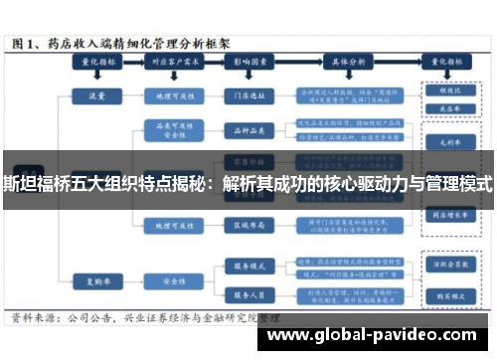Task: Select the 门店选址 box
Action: pyautogui.click(x=245, y=97)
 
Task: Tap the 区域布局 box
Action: pyautogui.click(x=245, y=225)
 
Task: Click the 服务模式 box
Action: pyautogui.click(x=245, y=267)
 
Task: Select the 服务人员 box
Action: pyautogui.click(x=245, y=295)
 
